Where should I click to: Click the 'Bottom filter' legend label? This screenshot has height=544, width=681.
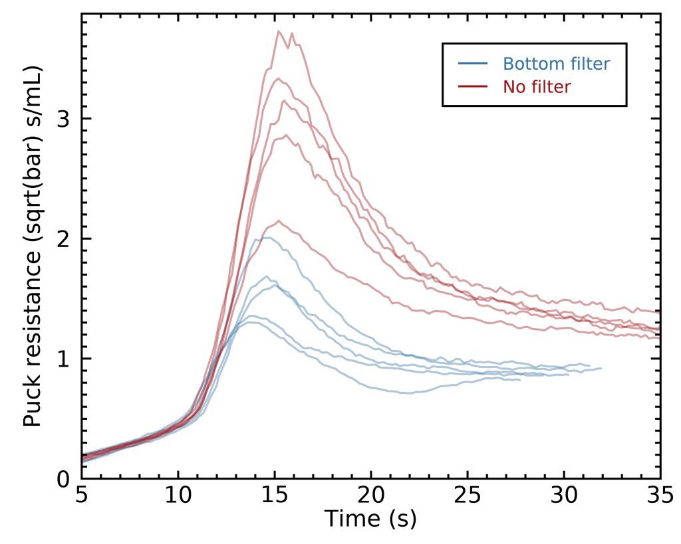pos(556,64)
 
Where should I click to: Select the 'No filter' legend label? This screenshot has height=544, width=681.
pos(537,86)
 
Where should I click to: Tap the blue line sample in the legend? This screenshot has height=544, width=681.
pos(473,64)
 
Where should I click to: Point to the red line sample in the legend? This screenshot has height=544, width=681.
pos(473,86)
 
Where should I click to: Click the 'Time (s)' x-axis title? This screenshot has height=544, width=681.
pos(370,519)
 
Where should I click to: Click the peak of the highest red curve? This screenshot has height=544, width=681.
pos(279,31)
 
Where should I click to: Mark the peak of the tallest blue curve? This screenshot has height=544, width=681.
pos(264,238)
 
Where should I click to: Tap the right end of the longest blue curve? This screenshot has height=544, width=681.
pos(601,368)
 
